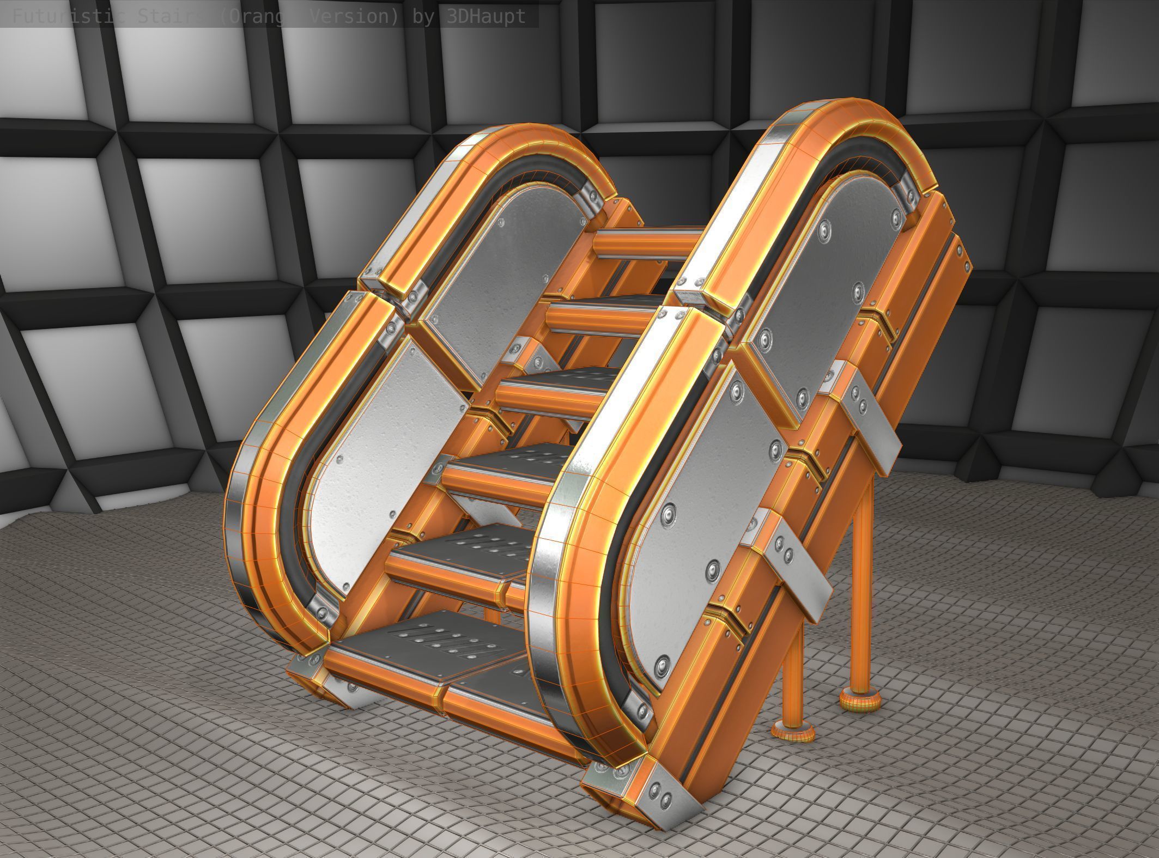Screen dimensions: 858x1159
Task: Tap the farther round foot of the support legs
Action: [x=861, y=700]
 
